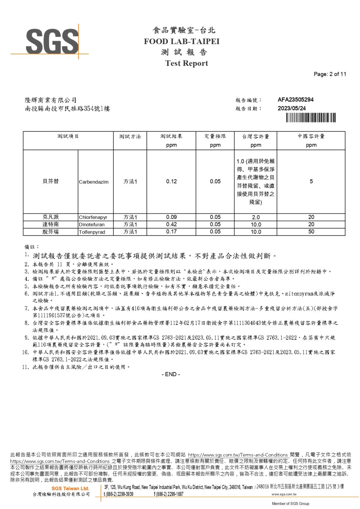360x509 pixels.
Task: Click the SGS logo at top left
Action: pyautogui.click(x=52, y=41)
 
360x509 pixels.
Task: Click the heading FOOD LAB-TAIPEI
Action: pyautogui.click(x=182, y=41)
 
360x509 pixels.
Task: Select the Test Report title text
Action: pyautogui.click(x=187, y=63)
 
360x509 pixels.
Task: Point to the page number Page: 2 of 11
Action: pyautogui.click(x=330, y=74)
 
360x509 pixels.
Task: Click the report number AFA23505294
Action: pyautogui.click(x=295, y=100)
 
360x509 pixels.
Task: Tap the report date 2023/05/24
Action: pyautogui.click(x=291, y=108)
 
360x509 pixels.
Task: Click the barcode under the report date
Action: pyautogui.click(x=311, y=118)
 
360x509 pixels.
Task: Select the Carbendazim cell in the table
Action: pyautogui.click(x=93, y=182)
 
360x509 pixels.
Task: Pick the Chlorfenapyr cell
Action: pyautogui.click(x=93, y=217)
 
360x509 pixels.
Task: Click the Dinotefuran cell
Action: pyautogui.click(x=91, y=225)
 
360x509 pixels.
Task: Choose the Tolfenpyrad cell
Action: pyautogui.click(x=92, y=232)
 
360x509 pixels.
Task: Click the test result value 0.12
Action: pyautogui.click(x=171, y=182)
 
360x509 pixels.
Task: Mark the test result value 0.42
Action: pyautogui.click(x=171, y=224)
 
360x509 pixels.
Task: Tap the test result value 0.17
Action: pyautogui.click(x=171, y=232)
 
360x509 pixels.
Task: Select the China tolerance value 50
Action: pyautogui.click(x=311, y=232)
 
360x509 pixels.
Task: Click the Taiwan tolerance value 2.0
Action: pyautogui.click(x=256, y=217)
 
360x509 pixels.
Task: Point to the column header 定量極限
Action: pyautogui.click(x=215, y=136)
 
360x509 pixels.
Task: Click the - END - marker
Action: pyautogui.click(x=171, y=374)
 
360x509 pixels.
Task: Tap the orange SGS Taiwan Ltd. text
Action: pyautogui.click(x=70, y=488)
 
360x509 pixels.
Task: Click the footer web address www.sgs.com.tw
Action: pyautogui.click(x=284, y=494)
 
